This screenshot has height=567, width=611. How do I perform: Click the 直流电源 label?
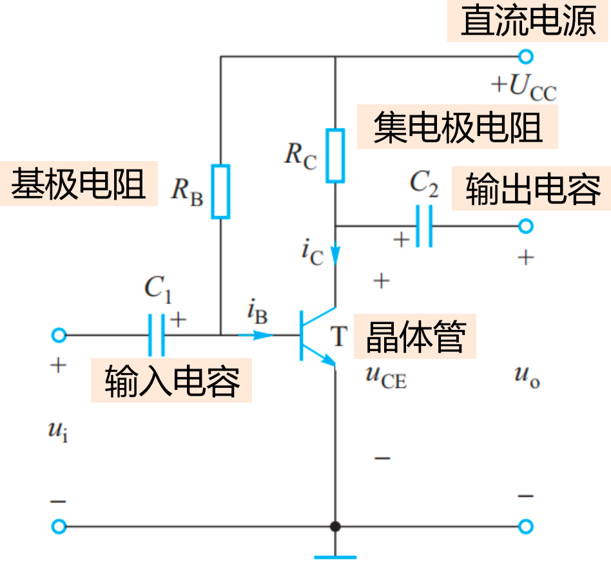coord(528,23)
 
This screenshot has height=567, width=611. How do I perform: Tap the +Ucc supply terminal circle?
coord(526,57)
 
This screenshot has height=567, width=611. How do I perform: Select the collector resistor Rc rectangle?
coord(335,155)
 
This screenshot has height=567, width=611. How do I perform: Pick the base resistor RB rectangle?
coord(220,191)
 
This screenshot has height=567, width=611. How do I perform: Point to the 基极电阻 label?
coord(78,185)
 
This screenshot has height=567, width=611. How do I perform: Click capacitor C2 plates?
coord(423,226)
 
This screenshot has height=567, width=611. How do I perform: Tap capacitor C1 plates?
coord(156,335)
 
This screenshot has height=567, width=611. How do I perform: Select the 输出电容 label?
coord(532,190)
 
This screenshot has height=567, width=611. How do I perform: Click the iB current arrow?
coord(258,335)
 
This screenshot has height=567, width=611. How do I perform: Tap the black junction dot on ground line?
coord(335,526)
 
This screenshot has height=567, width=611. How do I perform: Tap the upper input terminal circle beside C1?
coord(59,335)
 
